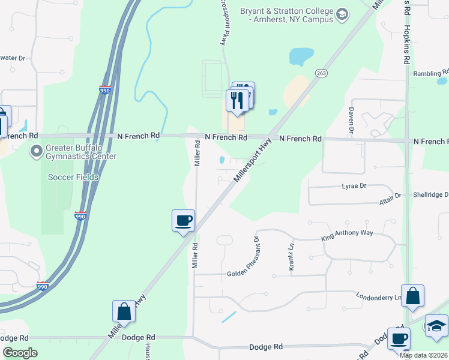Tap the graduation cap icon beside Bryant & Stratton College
(342, 14)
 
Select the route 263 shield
(319, 72)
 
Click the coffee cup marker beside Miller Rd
(183, 220)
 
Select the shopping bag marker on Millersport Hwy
(124, 311)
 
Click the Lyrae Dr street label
(354, 186)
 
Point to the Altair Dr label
(390, 196)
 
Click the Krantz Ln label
(291, 257)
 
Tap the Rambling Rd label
(430, 74)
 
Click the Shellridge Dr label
(430, 195)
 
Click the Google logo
(20, 353)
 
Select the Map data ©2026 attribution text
(423, 355)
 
